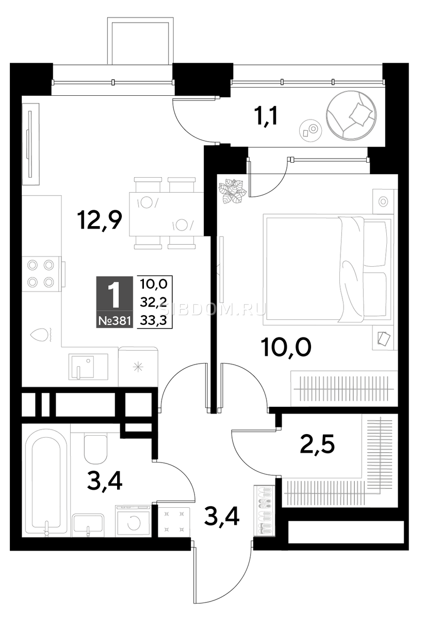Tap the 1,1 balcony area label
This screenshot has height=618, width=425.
click(267, 117)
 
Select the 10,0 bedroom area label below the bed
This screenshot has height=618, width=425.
click(287, 349)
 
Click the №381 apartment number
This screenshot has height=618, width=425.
click(115, 321)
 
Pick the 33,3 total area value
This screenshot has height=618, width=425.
click(154, 320)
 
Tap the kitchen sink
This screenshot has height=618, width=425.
click(88, 367)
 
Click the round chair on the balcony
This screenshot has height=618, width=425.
click(351, 115)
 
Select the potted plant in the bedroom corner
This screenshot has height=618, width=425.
click(233, 191)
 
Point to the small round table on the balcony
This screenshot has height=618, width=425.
click(310, 129)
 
